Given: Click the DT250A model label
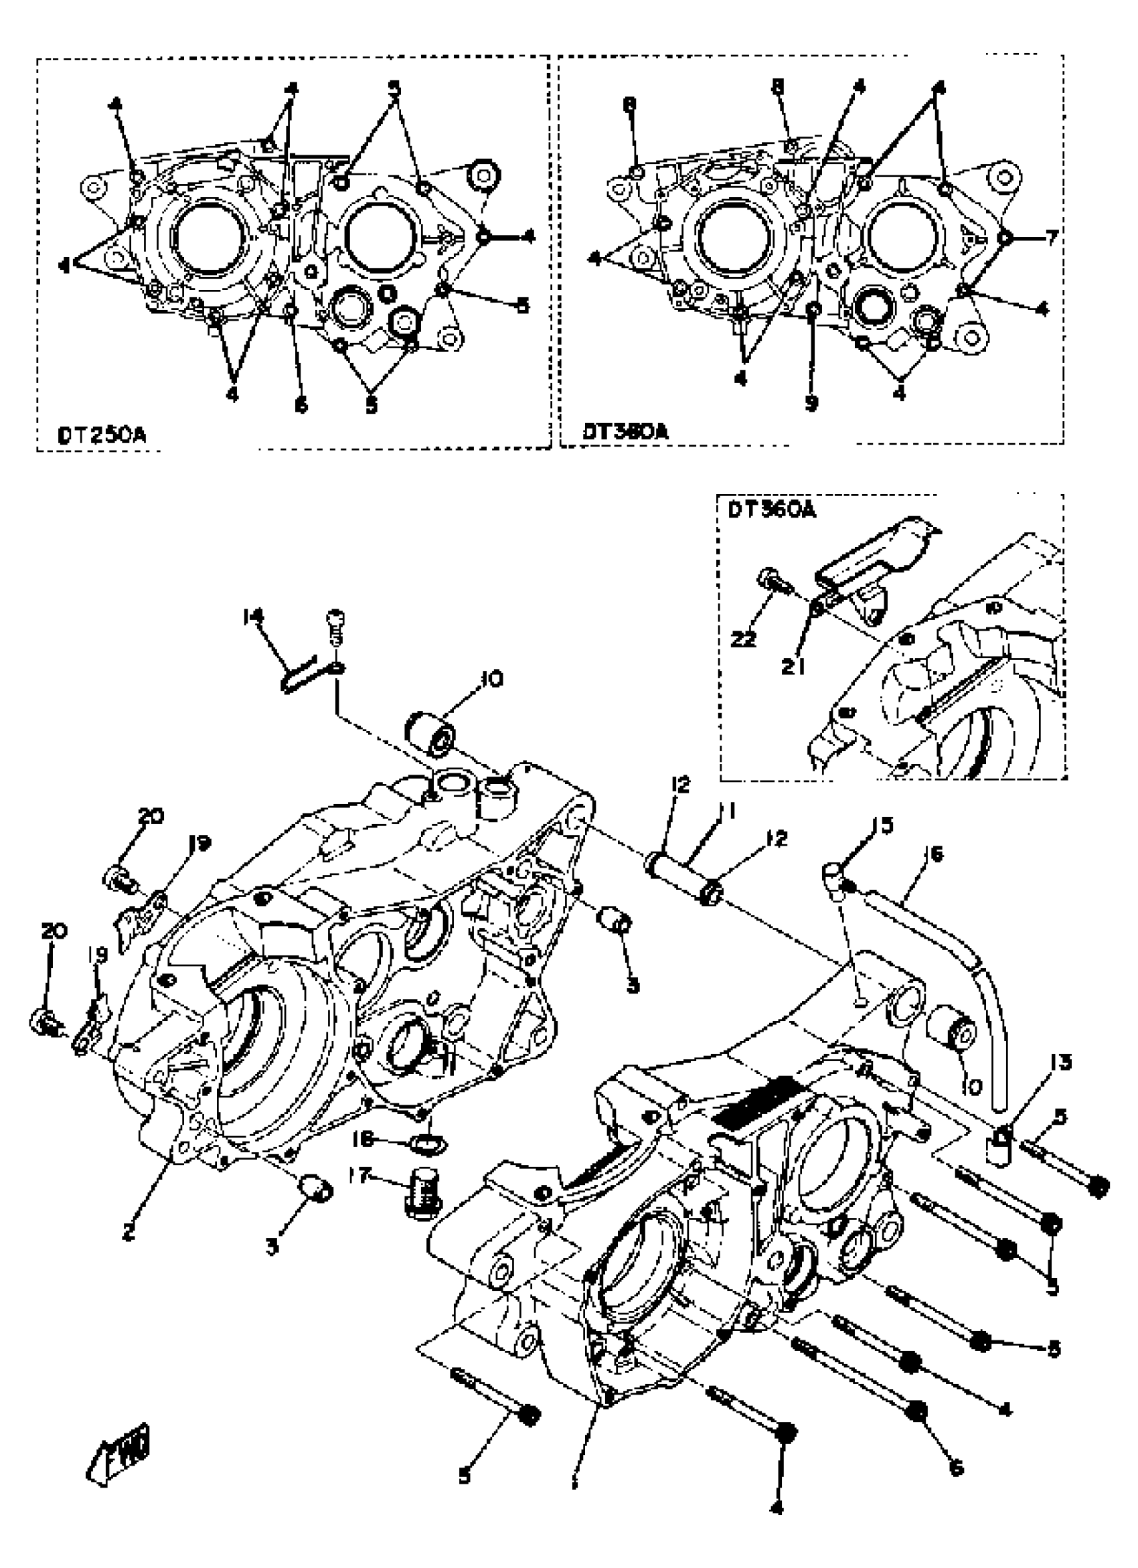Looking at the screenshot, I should click(102, 437).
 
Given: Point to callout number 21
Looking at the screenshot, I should click(793, 666).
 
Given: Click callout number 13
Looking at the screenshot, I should click(1061, 1061).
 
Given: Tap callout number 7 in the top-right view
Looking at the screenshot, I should click(1051, 238).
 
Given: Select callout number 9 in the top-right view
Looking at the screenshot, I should click(811, 403).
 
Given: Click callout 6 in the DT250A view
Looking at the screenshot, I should click(301, 405).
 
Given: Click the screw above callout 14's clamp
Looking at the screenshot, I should click(335, 626).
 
